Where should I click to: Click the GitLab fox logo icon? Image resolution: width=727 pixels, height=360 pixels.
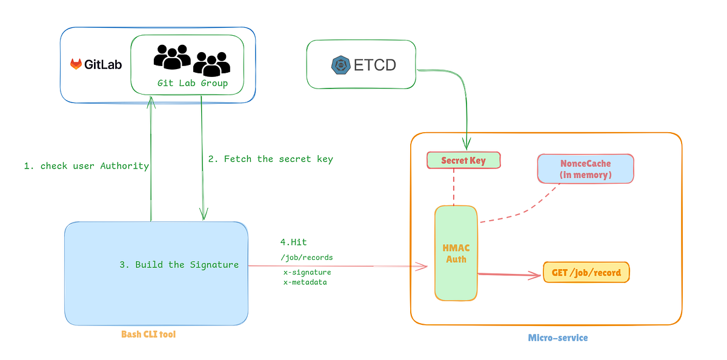[x=76, y=64]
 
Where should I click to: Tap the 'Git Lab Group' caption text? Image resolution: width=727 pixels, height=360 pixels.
[x=193, y=83]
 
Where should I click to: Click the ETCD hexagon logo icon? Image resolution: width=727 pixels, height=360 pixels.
[x=341, y=65]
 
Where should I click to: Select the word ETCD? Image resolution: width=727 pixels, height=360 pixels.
[x=374, y=65]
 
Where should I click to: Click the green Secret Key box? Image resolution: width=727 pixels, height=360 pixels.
[x=463, y=160]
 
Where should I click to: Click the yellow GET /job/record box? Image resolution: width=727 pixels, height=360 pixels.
[x=586, y=272]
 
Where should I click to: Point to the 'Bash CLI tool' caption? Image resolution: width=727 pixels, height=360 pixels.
[x=148, y=334]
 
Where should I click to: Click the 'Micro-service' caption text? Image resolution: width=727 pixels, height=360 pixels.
[x=558, y=337]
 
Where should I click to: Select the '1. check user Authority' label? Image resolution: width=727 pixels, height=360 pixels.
[x=86, y=165]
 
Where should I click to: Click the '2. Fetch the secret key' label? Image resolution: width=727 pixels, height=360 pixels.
[x=270, y=159]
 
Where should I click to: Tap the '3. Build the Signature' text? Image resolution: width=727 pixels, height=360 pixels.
[x=179, y=264]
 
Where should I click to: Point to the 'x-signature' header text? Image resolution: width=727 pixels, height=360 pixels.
[x=307, y=273]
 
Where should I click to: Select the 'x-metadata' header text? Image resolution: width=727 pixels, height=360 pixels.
[x=305, y=282]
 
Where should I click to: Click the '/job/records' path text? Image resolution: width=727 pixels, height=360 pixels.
[x=307, y=258]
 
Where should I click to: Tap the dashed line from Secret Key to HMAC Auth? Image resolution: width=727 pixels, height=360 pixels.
[x=451, y=187]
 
